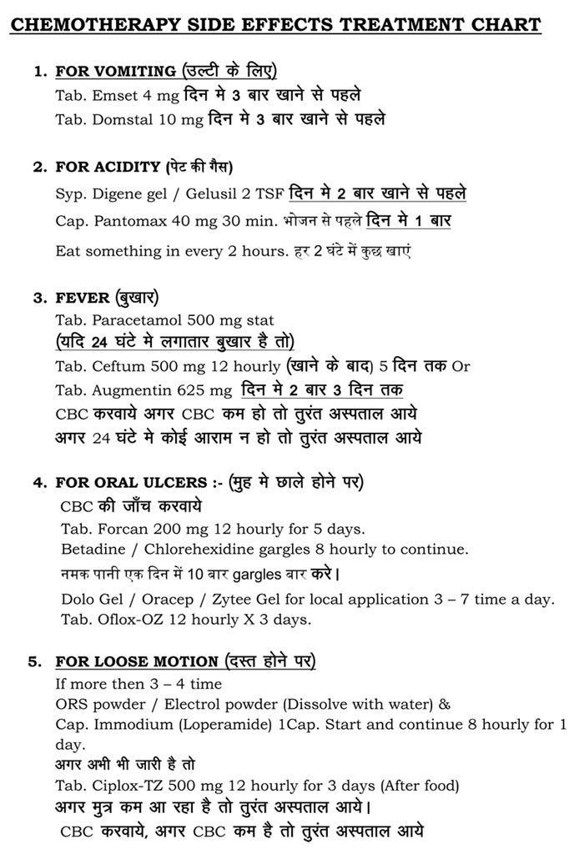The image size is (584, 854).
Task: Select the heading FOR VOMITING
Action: [115, 71]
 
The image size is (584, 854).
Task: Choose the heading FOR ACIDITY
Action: [108, 167]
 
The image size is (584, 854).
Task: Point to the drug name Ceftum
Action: [113, 366]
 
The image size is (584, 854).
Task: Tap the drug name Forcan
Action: [119, 529]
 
